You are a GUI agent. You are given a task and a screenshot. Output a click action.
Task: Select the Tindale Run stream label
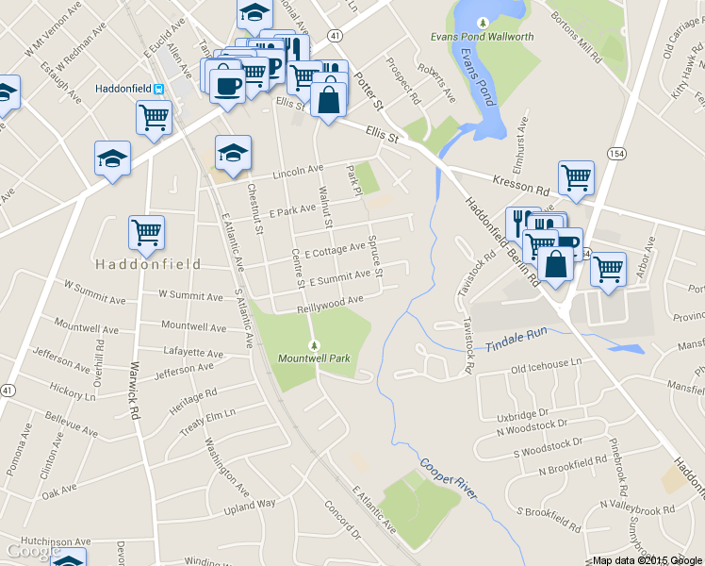click(516, 340)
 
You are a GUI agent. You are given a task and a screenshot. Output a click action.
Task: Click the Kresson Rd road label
click(517, 183)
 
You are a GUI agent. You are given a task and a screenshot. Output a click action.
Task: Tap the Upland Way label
click(251, 507)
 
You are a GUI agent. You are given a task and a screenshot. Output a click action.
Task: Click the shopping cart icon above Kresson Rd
click(575, 176)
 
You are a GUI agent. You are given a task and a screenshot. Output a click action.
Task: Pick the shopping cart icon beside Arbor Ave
click(608, 269)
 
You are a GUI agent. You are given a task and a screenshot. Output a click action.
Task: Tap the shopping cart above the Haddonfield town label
click(145, 231)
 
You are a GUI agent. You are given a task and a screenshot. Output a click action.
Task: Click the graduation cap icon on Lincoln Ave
click(233, 151)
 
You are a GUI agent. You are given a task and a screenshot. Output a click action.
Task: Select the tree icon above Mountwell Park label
click(314, 344)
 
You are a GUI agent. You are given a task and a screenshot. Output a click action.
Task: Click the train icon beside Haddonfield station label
click(158, 90)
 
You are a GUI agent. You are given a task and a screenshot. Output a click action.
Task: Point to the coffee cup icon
click(227, 85)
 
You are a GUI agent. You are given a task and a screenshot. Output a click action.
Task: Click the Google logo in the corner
click(28, 551)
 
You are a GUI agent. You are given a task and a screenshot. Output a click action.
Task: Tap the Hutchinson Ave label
click(45, 542)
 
